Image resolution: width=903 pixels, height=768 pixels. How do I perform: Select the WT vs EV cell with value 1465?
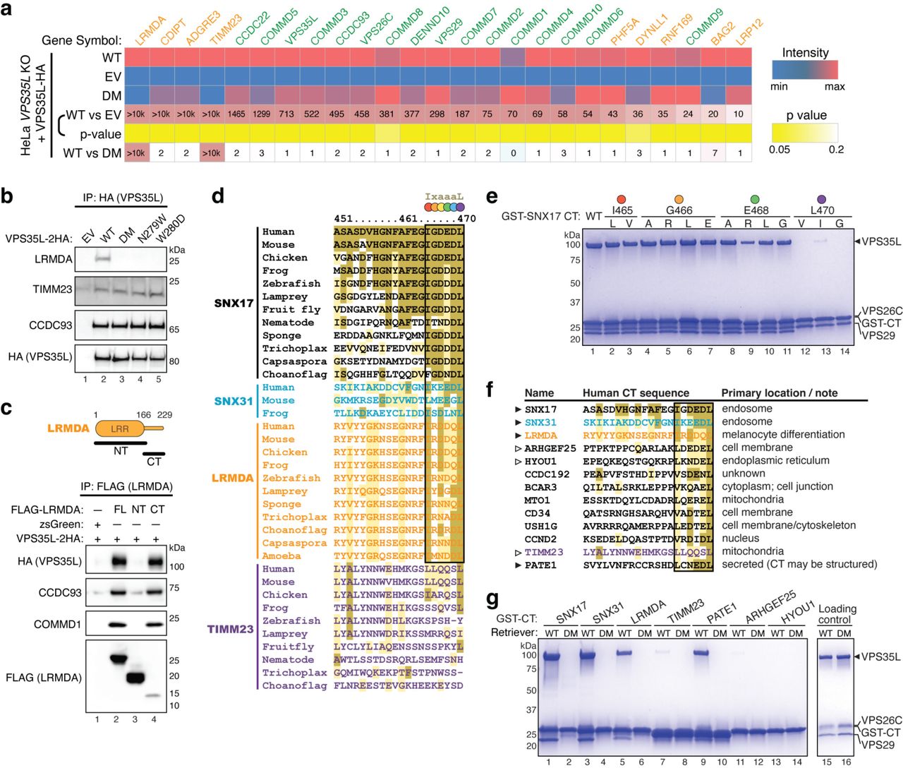coord(236,114)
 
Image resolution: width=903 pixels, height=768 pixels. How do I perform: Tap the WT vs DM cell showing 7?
coord(714,153)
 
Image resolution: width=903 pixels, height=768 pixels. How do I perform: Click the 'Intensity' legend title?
coord(805,53)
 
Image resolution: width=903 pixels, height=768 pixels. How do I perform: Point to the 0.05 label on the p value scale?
coord(779,150)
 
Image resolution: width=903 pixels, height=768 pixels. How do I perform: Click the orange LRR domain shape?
coord(119,428)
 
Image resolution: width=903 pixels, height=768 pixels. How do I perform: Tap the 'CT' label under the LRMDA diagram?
coord(154,461)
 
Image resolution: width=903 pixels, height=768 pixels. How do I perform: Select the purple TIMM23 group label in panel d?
coord(230,628)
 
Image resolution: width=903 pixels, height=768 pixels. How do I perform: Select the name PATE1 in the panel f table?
coord(540,565)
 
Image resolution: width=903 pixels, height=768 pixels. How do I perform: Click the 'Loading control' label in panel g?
coord(837,614)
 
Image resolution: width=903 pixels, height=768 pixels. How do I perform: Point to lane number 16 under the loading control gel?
coord(846,762)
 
